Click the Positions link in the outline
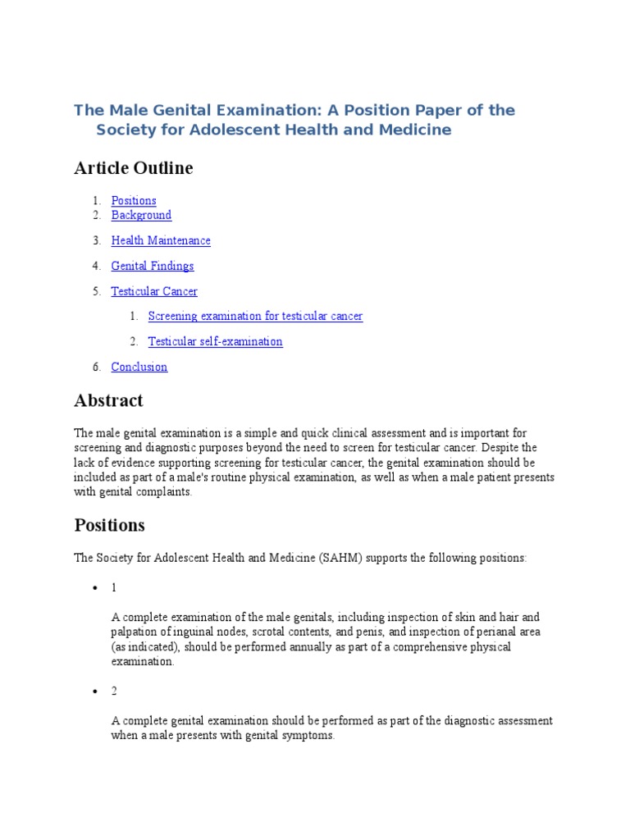pyautogui.click(x=134, y=200)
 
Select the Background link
pyautogui.click(x=141, y=215)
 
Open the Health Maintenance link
pyautogui.click(x=161, y=240)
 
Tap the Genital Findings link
pyautogui.click(x=153, y=266)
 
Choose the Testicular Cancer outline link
pyautogui.click(x=154, y=291)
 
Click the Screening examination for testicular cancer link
pyautogui.click(x=255, y=316)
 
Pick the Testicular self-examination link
pyautogui.click(x=215, y=341)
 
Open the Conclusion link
pyautogui.click(x=139, y=367)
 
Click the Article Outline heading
pyautogui.click(x=134, y=168)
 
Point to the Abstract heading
pyautogui.click(x=108, y=400)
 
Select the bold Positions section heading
pyautogui.click(x=109, y=524)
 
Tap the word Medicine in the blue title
pyautogui.click(x=416, y=130)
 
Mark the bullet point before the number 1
pyautogui.click(x=96, y=588)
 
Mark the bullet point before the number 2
pyautogui.click(x=96, y=692)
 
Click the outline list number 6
pyautogui.click(x=96, y=367)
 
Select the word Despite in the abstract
pyautogui.click(x=518, y=448)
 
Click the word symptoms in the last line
pyautogui.click(x=308, y=736)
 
